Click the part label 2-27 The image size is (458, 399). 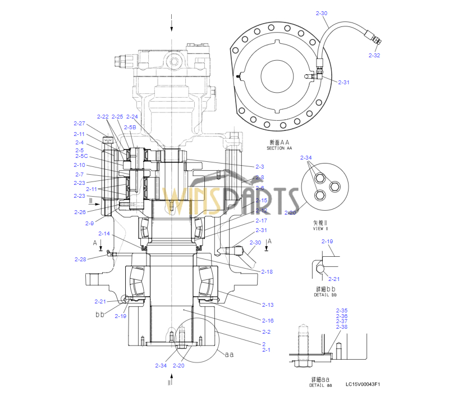[79, 123]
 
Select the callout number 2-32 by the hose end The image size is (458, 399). [374, 55]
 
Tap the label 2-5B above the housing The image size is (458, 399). [130, 128]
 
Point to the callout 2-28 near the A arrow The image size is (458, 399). [80, 259]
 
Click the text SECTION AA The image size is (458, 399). [280, 148]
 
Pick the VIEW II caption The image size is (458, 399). [320, 229]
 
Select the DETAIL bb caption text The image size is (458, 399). [326, 294]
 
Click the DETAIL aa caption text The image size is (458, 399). [320, 385]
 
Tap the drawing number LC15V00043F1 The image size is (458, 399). [363, 384]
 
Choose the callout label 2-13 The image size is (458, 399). [268, 305]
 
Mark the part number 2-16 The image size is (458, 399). [268, 320]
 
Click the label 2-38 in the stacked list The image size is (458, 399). [342, 327]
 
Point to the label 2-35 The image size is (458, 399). [342, 310]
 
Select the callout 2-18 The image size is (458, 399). [267, 271]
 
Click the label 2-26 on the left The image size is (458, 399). [80, 212]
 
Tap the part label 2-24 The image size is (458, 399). [132, 116]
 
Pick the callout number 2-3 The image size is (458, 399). [260, 167]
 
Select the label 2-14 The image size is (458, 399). [104, 233]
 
